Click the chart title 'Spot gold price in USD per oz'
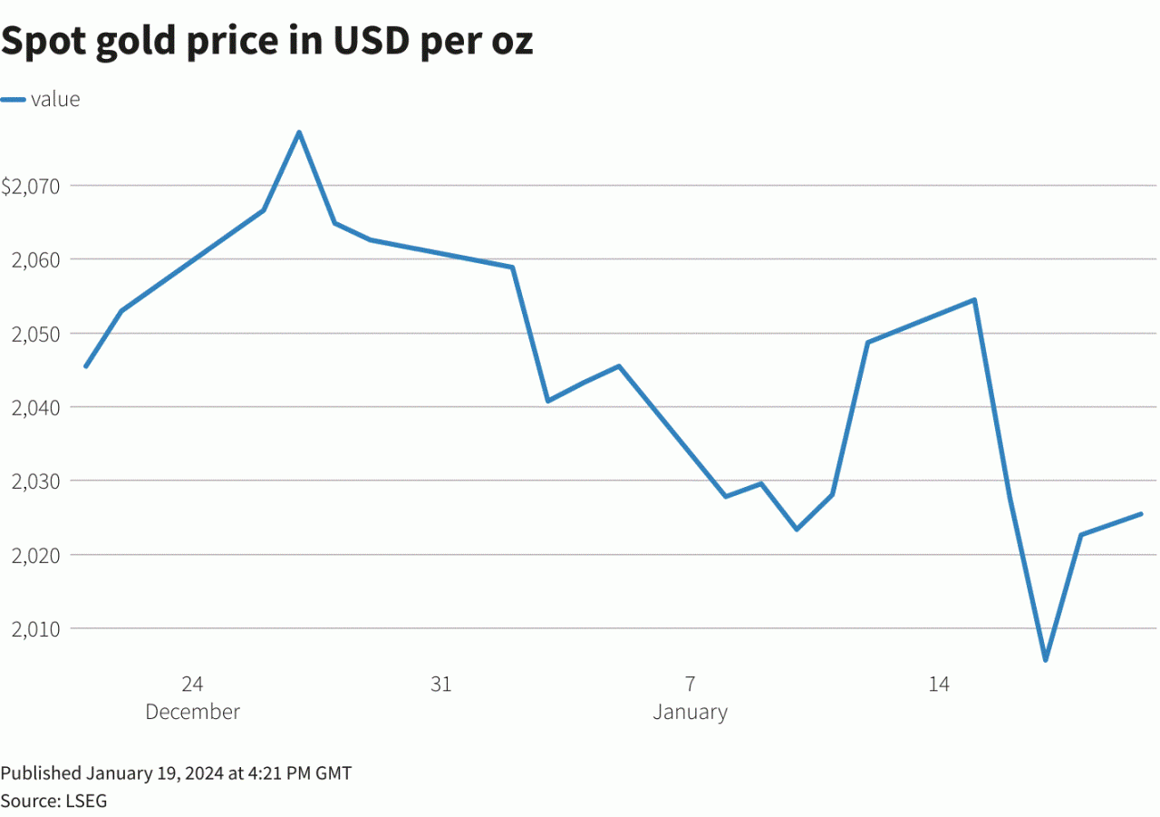pos(266,43)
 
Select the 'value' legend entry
pos(55,100)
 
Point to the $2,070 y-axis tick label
pos(31,187)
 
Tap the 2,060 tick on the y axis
pos(34,260)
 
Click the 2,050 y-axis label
pos(34,335)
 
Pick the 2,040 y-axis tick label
pos(34,408)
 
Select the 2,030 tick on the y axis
pos(34,481)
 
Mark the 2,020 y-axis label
pos(34,556)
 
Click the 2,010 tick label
pos(34,629)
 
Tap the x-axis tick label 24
pos(192,685)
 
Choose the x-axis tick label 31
pos(440,685)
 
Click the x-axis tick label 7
pos(690,685)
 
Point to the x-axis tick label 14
pos(939,685)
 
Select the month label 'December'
pos(192,712)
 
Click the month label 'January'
pos(690,712)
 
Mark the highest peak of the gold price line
pos(299,132)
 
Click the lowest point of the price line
pos(1045,659)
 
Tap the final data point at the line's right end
pos(1140,514)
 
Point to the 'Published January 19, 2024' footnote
pos(176,773)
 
